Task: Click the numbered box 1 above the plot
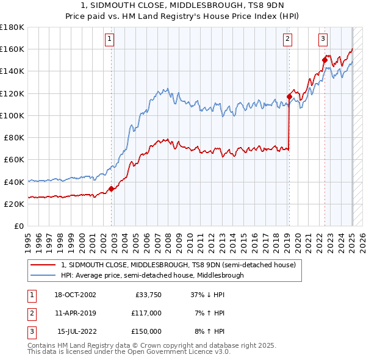click(x=109, y=39)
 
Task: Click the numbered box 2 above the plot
click(x=287, y=39)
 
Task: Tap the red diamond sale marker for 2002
click(x=111, y=189)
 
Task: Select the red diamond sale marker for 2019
click(x=289, y=96)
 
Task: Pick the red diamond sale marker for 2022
click(x=325, y=60)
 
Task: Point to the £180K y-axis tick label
click(x=12, y=27)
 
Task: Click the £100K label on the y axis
click(x=12, y=115)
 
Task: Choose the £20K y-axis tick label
click(x=14, y=204)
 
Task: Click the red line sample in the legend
click(x=43, y=265)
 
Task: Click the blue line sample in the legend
click(x=43, y=275)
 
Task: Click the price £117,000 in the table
click(x=146, y=313)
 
